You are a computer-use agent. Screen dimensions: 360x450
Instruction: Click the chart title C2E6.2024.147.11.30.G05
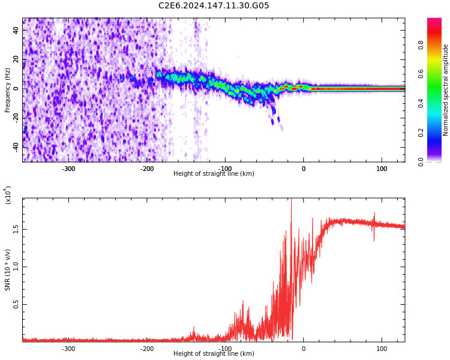(x=214, y=6)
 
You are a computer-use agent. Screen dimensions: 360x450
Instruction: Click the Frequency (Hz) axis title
(x=8, y=90)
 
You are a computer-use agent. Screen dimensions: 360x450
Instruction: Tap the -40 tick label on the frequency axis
(x=16, y=147)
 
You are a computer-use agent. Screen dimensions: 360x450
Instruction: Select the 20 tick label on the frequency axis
(x=16, y=60)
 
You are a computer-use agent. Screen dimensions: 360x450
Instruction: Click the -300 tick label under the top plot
(x=68, y=169)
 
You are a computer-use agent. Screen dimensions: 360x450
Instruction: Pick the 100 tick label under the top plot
(x=382, y=169)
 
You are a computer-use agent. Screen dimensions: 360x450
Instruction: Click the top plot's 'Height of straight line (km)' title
(x=214, y=174)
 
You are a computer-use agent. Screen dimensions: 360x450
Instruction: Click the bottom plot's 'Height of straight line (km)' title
(x=214, y=354)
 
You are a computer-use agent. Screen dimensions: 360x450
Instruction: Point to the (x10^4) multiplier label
(x=8, y=195)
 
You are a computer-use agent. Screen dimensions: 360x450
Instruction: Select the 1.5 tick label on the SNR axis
(x=16, y=230)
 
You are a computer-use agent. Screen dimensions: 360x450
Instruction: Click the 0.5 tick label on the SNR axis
(x=16, y=305)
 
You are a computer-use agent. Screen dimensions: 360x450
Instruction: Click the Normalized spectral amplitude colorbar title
(x=446, y=90)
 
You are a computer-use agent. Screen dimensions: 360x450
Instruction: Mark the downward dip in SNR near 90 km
(x=374, y=240)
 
